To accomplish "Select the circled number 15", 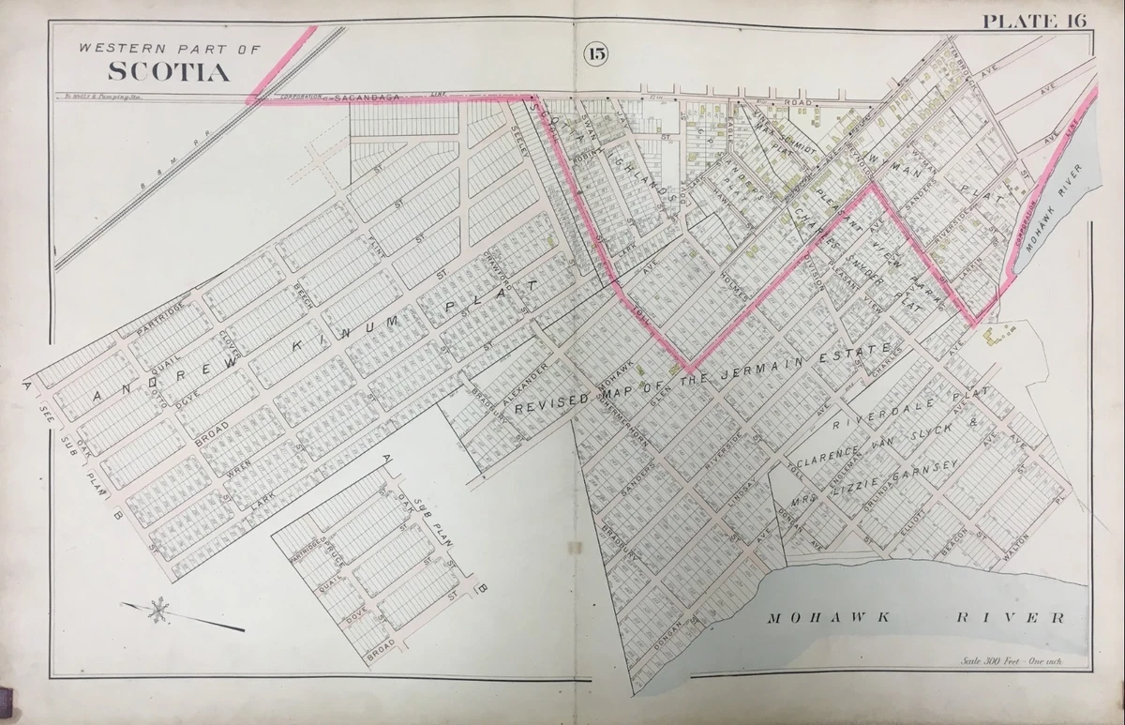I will [596, 53].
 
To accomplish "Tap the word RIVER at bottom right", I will [1010, 618].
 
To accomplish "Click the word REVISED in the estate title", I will [552, 401].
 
